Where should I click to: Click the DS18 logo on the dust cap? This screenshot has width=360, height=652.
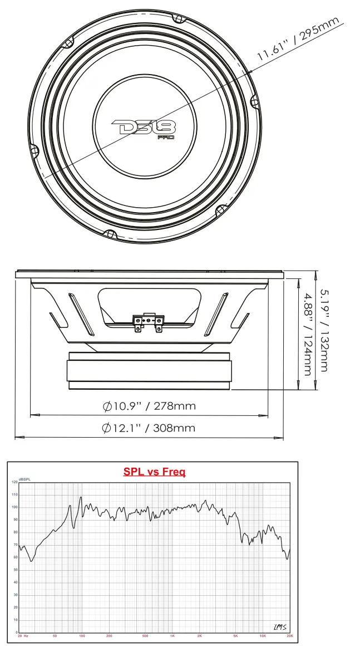pos(144,127)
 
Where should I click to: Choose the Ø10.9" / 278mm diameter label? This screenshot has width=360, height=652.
pos(149,406)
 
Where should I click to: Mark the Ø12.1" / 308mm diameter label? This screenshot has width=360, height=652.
pos(149,428)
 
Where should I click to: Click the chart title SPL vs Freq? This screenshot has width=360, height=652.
pos(154,472)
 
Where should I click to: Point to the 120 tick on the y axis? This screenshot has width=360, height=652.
pos(14,482)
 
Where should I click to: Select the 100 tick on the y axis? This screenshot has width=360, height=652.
pos(14,507)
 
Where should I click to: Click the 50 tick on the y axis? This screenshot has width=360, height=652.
pos(15,570)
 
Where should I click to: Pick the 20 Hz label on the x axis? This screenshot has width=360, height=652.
pos(23,635)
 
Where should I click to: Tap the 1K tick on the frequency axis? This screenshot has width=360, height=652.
pos(172,635)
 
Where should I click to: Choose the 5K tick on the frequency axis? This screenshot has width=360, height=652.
pos(235,635)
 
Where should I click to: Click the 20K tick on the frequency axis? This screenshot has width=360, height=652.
pos(289,635)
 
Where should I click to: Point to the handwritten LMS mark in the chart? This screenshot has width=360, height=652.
pos(280,627)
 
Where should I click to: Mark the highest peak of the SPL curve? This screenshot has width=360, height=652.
pos(81,497)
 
